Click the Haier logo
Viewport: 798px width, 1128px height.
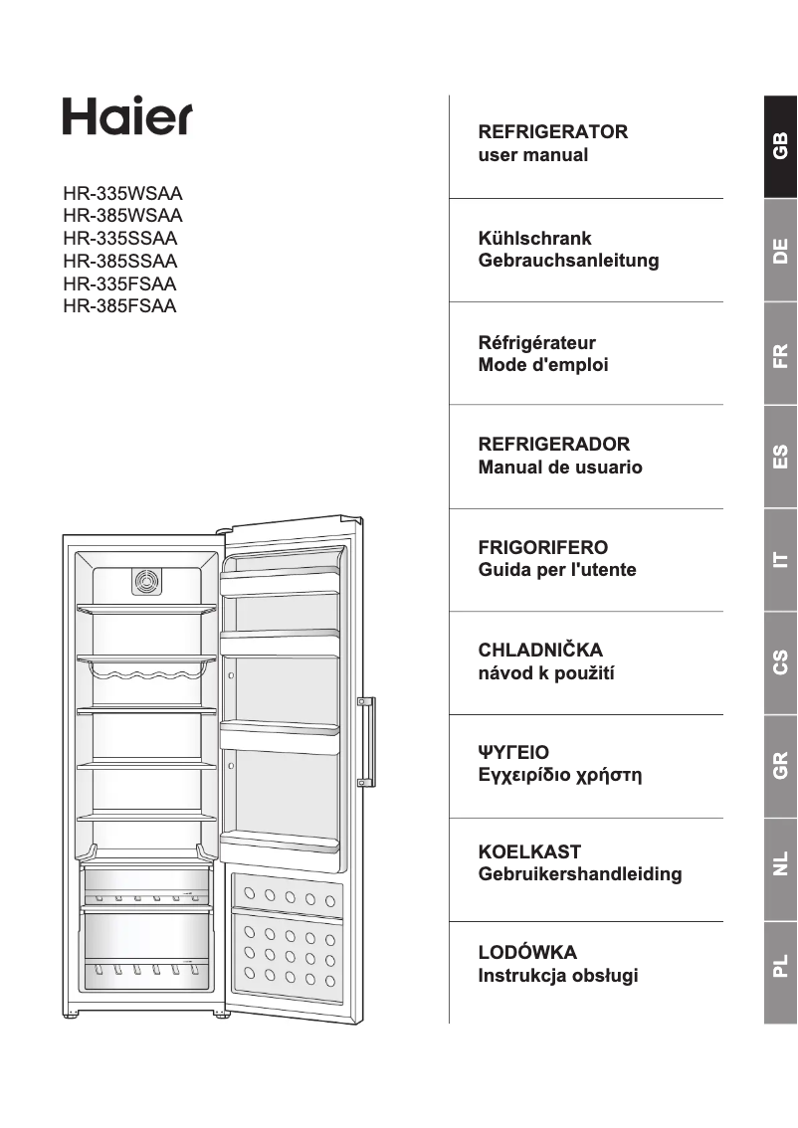[x=127, y=116]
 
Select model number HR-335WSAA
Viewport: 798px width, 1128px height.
[x=122, y=193]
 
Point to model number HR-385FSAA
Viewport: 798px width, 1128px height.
[x=119, y=306]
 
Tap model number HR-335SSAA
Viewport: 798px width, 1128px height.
[x=119, y=238]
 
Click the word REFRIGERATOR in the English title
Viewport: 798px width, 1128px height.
[x=553, y=131]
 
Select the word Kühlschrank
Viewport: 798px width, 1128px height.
[x=535, y=239]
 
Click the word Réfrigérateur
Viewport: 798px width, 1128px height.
[x=537, y=342]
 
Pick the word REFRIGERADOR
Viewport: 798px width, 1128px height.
[x=554, y=444]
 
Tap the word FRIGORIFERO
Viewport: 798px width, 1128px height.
[x=543, y=547]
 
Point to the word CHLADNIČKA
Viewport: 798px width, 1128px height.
[x=540, y=651]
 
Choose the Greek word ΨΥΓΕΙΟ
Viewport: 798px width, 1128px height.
[x=513, y=752]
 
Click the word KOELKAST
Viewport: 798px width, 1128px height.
[x=529, y=851]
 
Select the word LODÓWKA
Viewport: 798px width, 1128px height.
[x=527, y=953]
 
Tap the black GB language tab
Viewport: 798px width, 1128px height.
[x=781, y=146]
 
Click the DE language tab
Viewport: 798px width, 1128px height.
[x=781, y=250]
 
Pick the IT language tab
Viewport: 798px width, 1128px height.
[x=781, y=560]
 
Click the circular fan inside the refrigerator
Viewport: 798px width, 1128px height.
[x=146, y=582]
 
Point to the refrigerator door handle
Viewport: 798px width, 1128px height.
[x=368, y=741]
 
